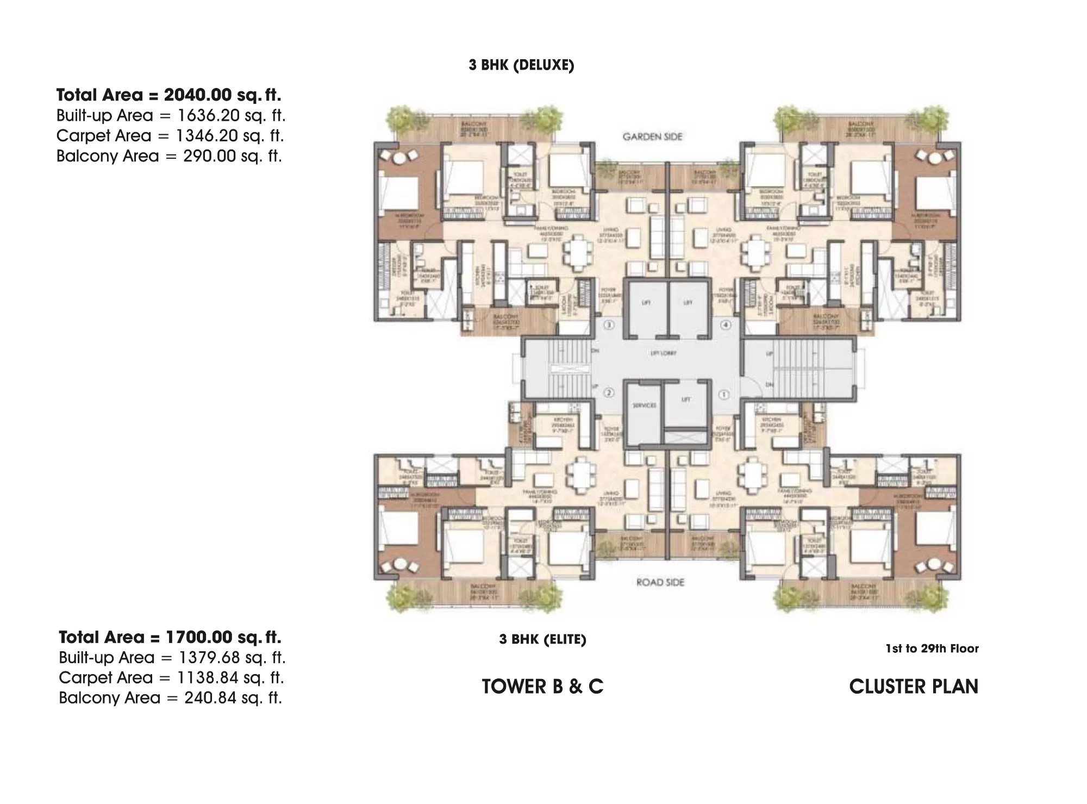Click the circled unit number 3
[x=609, y=325]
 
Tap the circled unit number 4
[x=725, y=325]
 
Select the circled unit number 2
[x=609, y=392]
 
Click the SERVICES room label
[x=644, y=406]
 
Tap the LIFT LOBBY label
[x=664, y=353]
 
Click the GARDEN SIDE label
[x=652, y=137]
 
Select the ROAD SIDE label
[x=660, y=582]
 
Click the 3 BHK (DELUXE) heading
[x=521, y=65]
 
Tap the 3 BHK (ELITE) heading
[x=542, y=639]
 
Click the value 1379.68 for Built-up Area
[x=209, y=657]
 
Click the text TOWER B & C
[x=542, y=687]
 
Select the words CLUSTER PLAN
[x=914, y=687]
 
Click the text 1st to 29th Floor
[x=932, y=649]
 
